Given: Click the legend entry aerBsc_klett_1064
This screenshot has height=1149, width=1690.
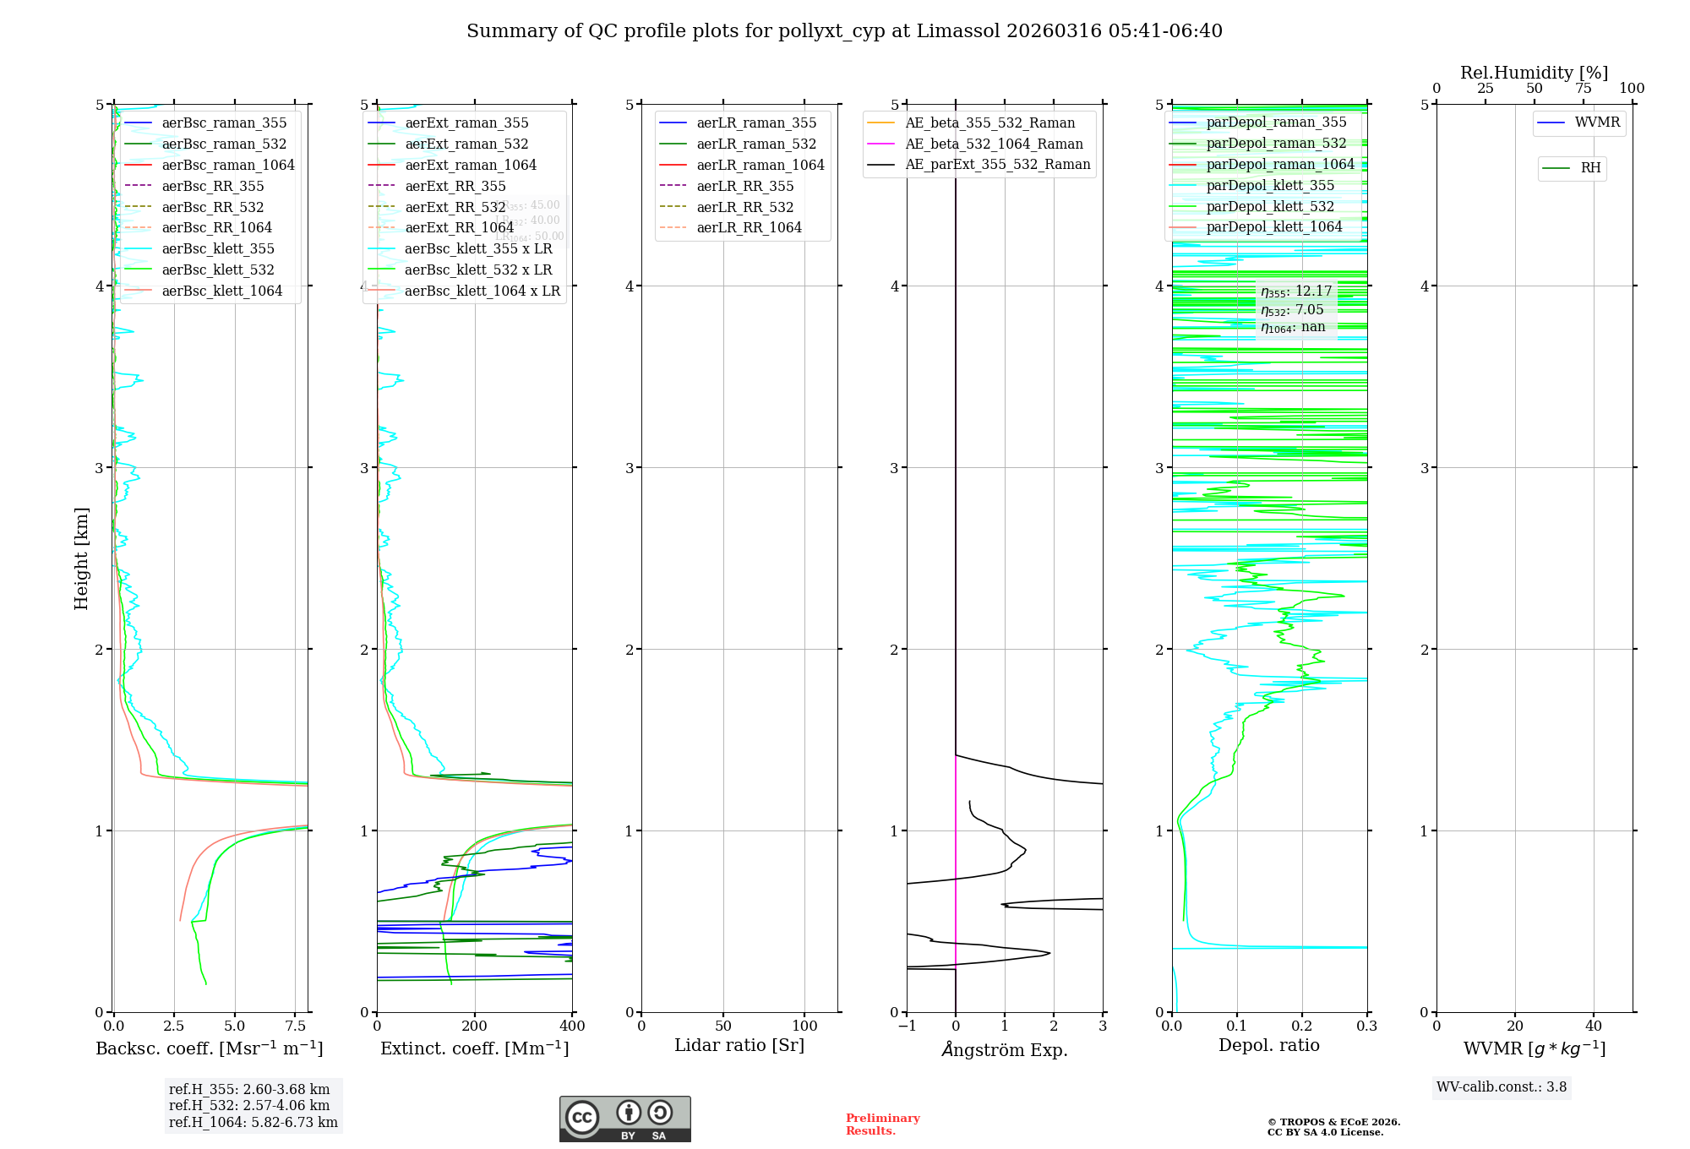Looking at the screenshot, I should [x=221, y=291].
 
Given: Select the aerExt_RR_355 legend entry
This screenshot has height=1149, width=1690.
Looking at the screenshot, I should [x=455, y=186].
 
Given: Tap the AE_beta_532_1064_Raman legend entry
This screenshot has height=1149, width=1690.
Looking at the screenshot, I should [x=994, y=144].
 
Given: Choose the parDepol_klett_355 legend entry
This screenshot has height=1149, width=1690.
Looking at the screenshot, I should [x=1270, y=185].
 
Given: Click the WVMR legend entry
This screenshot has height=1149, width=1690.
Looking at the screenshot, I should [x=1596, y=123].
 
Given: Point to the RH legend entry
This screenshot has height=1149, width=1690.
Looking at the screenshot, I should [x=1589, y=168].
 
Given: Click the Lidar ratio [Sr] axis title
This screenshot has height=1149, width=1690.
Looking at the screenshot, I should [x=739, y=1045].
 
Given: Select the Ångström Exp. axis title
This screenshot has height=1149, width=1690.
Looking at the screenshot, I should [x=1004, y=1049].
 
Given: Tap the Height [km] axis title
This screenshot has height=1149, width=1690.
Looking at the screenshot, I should [x=81, y=558].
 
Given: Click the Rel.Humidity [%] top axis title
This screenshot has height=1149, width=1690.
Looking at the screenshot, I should [x=1534, y=73].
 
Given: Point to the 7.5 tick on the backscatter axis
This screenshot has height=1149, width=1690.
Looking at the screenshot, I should [x=296, y=1026].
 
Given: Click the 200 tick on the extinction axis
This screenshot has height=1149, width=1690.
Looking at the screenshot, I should [x=475, y=1026].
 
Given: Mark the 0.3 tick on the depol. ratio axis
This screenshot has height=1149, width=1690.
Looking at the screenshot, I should [x=1366, y=1026].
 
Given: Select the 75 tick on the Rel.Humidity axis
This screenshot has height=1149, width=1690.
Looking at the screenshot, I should [x=1583, y=89].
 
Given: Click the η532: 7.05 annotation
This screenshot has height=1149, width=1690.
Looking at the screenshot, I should [x=1292, y=310].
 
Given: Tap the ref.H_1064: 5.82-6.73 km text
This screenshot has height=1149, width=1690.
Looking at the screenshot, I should [x=253, y=1122].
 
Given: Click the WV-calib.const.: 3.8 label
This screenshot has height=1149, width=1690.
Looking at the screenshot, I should [x=1502, y=1086].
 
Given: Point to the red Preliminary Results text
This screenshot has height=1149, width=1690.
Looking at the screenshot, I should [x=882, y=1124].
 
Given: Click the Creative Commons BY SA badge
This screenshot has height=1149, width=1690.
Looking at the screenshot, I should [x=624, y=1119].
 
